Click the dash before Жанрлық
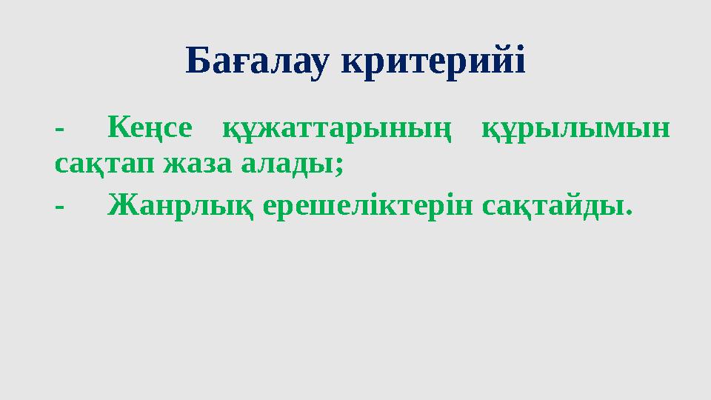[59, 207]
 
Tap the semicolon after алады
[339, 166]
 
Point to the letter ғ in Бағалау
[244, 65]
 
